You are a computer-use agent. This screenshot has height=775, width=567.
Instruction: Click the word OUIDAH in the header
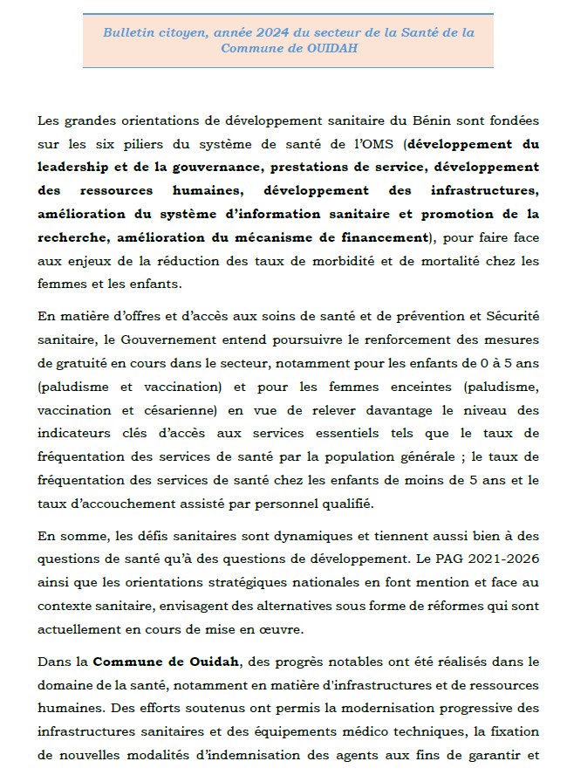pos(331,49)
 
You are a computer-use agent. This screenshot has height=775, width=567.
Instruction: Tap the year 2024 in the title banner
pos(231,32)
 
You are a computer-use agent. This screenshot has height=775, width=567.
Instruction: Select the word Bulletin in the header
pos(128,32)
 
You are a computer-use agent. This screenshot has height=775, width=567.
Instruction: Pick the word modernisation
pos(377,709)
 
